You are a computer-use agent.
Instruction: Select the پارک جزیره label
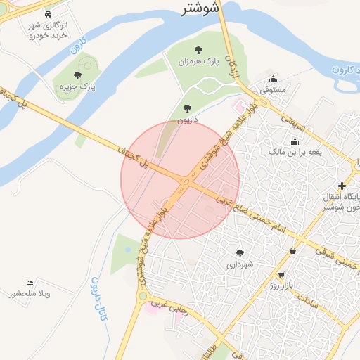78,86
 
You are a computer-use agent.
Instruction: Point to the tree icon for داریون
186,108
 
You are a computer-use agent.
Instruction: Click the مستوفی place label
274,91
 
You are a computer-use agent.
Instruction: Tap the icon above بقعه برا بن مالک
294,141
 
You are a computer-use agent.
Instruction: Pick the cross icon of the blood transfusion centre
342,186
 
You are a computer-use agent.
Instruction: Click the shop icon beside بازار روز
281,275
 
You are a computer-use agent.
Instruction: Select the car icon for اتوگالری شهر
47,14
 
